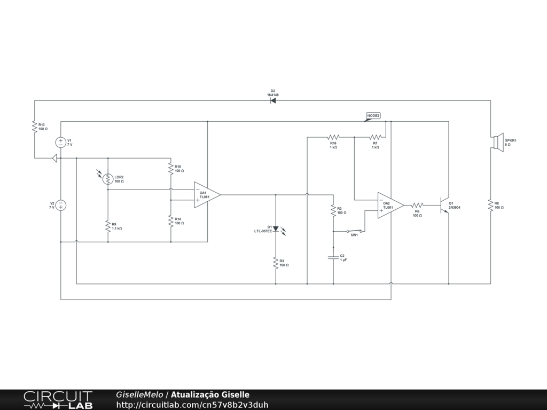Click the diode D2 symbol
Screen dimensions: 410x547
pos(273,100)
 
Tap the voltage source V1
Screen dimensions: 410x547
pos(61,143)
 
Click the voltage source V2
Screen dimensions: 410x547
pos(61,205)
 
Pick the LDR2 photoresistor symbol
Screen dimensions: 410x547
pos(108,179)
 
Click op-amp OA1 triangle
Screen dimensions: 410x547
pos(206,195)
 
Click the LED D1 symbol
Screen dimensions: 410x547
pos(276,229)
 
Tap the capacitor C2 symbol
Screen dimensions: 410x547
pos(333,257)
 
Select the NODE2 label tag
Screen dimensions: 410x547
pos(373,116)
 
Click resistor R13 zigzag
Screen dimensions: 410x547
pos(35,127)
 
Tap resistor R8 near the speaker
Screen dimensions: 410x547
pos(490,205)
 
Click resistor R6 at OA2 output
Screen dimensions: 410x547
pos(417,205)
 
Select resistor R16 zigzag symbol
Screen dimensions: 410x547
pos(333,137)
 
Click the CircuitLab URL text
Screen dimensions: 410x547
pos(192,405)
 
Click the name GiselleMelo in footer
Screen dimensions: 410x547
pos(139,395)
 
